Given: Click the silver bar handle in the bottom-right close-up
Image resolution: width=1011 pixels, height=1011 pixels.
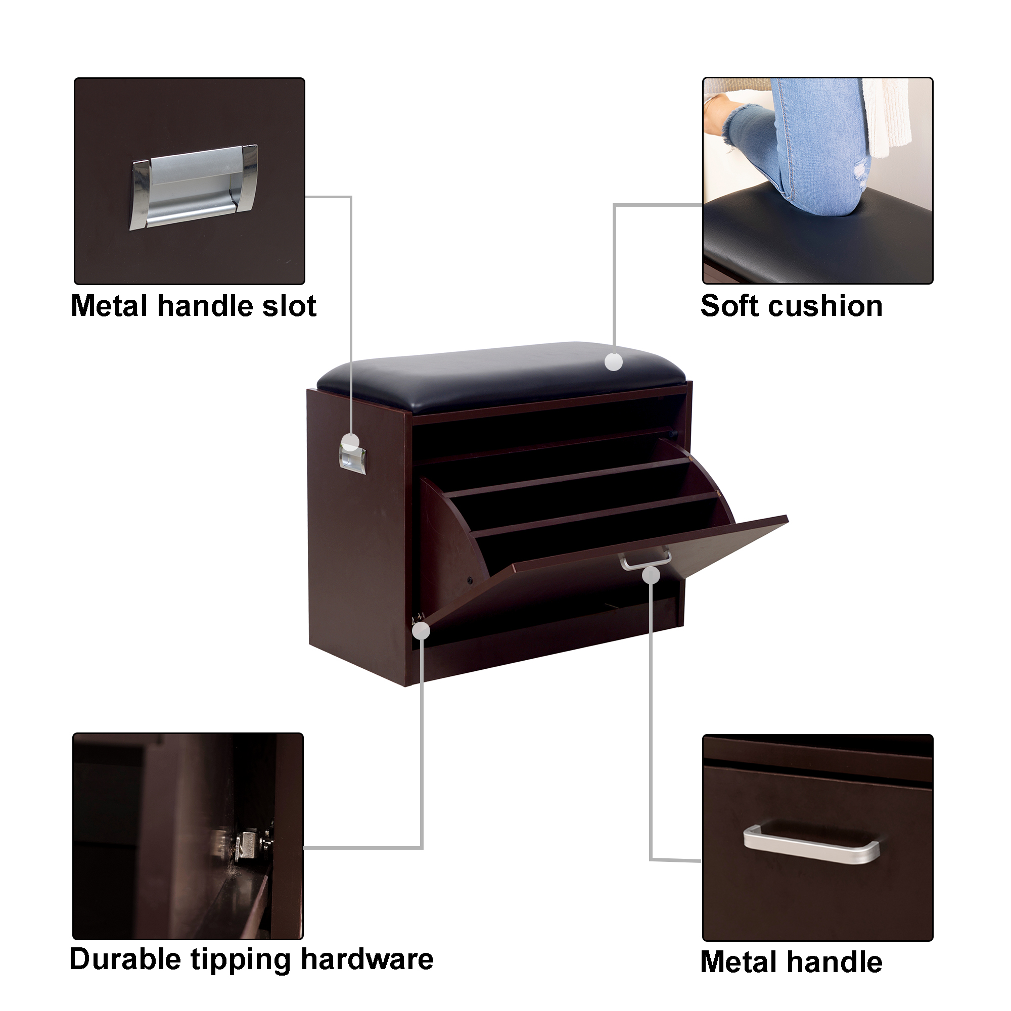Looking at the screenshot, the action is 812,844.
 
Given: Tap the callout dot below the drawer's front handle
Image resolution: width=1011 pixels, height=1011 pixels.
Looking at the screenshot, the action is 651,576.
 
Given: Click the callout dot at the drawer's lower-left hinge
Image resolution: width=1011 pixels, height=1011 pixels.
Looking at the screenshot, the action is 422,631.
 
